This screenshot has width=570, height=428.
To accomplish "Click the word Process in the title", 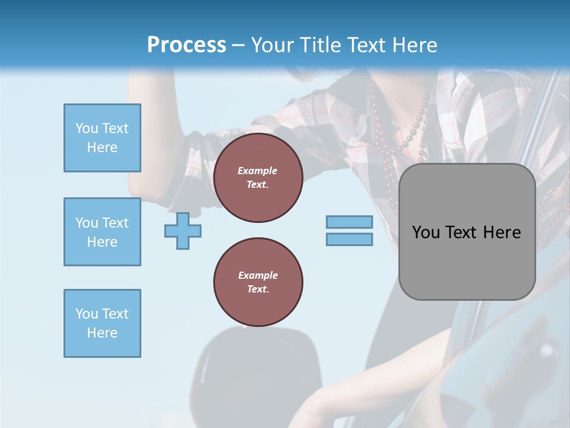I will [186, 45].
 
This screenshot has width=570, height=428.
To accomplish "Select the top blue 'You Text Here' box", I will [102, 138].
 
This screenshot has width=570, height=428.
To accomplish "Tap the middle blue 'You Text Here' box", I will [102, 232].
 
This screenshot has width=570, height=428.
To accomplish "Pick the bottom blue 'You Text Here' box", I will [102, 323].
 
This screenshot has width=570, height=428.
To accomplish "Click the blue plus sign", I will [183, 231].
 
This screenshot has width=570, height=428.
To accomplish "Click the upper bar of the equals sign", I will [349, 222].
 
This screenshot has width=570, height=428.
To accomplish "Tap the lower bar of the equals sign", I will [349, 240].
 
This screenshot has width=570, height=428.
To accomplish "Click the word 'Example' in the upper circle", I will [258, 171].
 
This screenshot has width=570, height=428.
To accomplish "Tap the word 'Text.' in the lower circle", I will [258, 289].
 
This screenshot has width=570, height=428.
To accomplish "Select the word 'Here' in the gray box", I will [502, 232].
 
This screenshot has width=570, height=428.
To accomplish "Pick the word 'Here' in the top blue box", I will [102, 147].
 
